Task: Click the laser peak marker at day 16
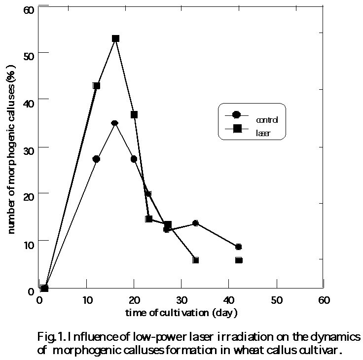pos(115,38)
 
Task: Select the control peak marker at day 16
pos(115,123)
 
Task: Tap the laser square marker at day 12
pos(97,85)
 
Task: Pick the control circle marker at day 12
pos(96,159)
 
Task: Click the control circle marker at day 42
pos(239,247)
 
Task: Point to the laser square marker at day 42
pos(239,260)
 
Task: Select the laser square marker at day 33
pos(196,260)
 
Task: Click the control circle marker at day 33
pos(196,223)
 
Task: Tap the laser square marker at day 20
pos(134,114)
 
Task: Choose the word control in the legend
pos(267,120)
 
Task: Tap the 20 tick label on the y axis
pos(30,195)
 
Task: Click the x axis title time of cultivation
pos(181,312)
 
